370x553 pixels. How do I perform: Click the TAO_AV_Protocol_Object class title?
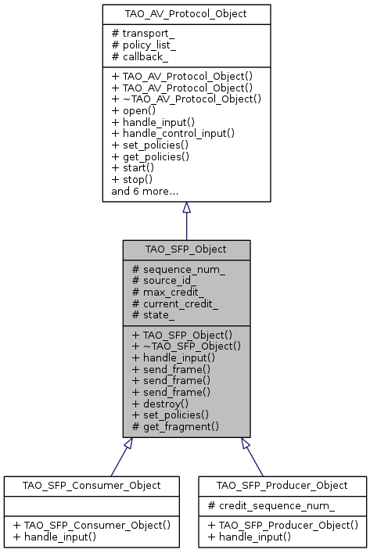click(186, 14)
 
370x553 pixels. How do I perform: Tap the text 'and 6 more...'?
click(145, 191)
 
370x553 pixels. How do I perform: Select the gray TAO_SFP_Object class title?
click(186, 250)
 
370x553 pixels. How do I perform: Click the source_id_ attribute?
click(163, 281)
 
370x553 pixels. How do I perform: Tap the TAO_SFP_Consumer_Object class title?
click(83, 485)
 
